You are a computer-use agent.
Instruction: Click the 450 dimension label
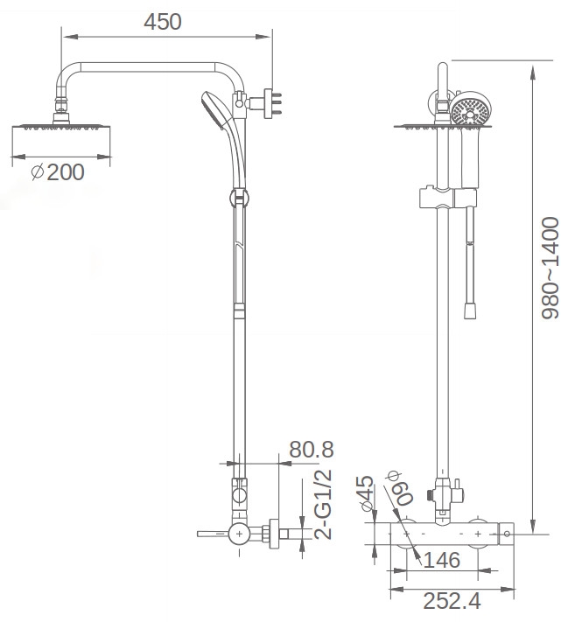(163, 22)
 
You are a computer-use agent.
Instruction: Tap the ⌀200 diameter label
(58, 172)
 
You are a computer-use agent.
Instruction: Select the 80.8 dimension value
(312, 450)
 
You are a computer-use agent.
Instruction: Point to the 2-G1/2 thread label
(322, 504)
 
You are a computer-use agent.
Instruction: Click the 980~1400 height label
(550, 268)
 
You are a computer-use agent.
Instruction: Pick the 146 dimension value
(442, 560)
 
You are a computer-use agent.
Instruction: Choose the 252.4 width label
(452, 601)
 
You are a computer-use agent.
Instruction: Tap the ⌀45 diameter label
(366, 493)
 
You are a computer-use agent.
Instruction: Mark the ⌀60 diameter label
(401, 487)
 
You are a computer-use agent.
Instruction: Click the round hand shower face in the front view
(471, 110)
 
